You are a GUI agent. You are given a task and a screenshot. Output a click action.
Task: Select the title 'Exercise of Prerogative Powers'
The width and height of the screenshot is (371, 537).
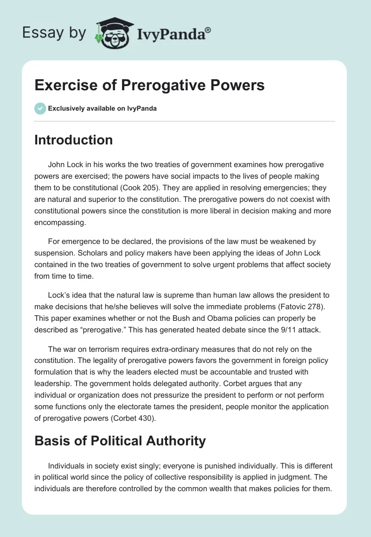tap(149, 86)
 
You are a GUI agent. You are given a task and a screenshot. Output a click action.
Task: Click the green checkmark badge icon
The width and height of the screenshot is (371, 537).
tap(40, 108)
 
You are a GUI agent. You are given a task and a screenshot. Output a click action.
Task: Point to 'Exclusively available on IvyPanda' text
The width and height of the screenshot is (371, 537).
tap(102, 109)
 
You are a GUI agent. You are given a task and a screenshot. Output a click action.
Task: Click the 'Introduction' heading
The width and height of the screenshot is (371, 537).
tap(73, 140)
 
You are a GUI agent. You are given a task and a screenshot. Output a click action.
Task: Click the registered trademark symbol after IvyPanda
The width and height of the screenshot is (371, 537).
tap(208, 30)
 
